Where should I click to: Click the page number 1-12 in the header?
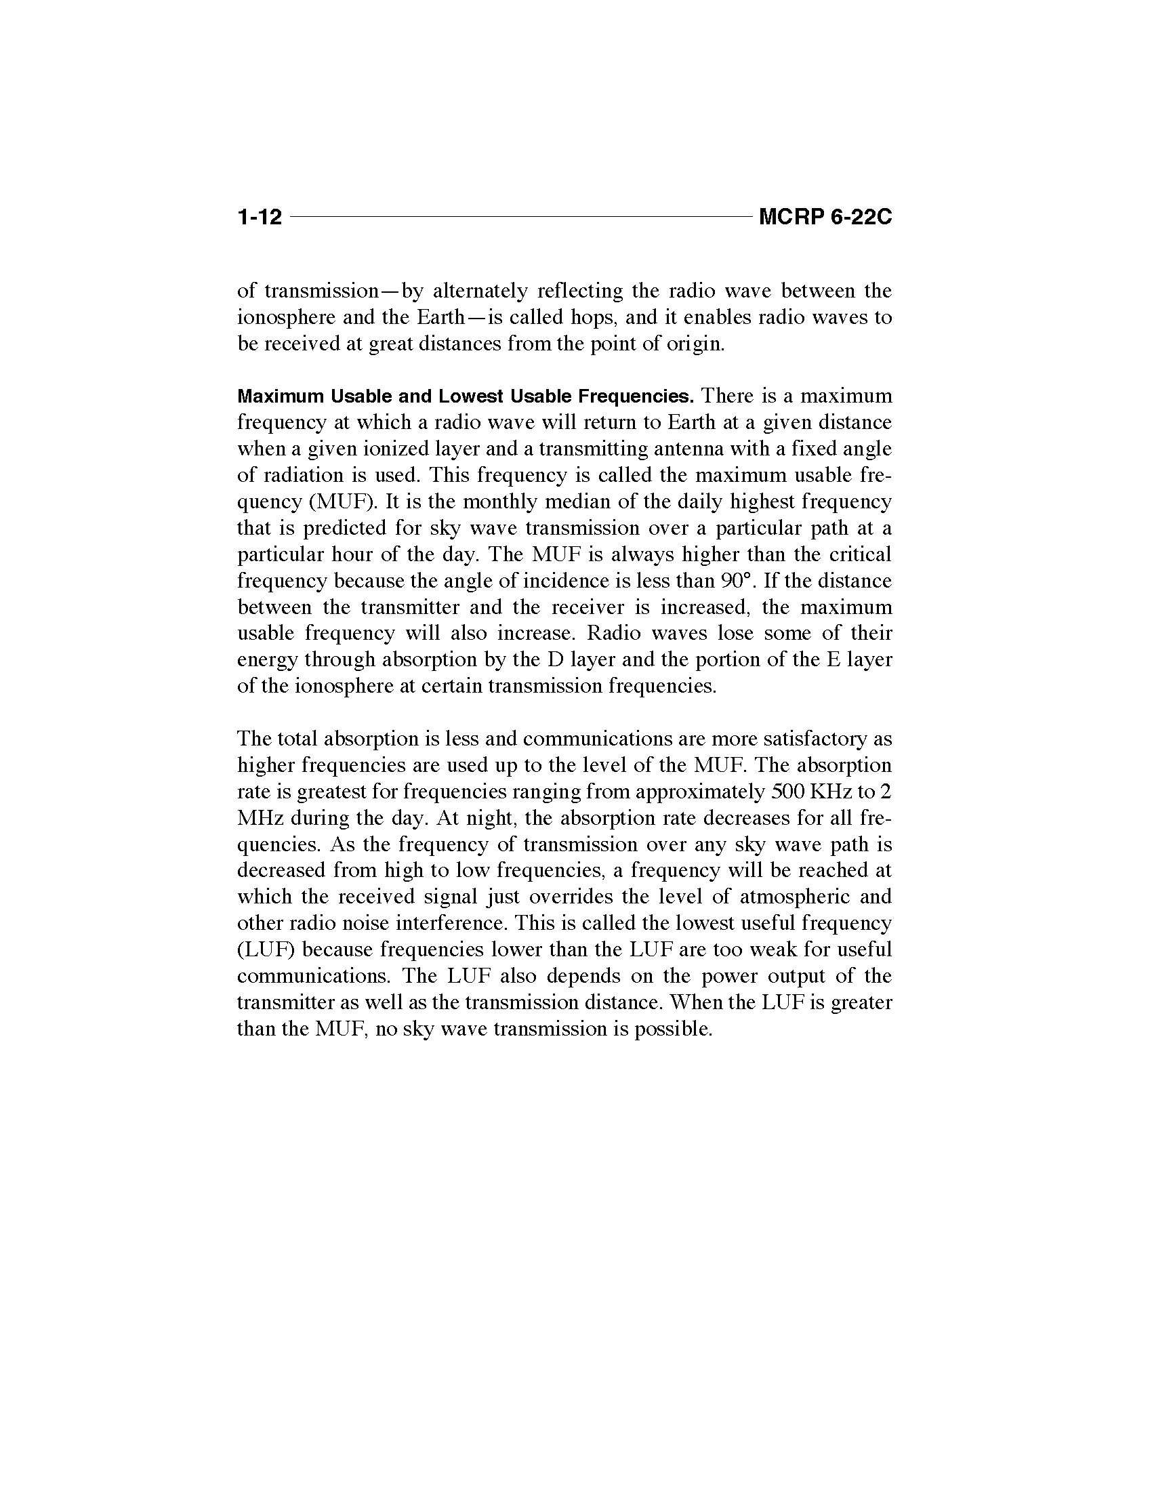point(260,217)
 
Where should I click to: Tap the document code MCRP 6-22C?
point(825,217)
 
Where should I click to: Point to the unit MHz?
point(260,818)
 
